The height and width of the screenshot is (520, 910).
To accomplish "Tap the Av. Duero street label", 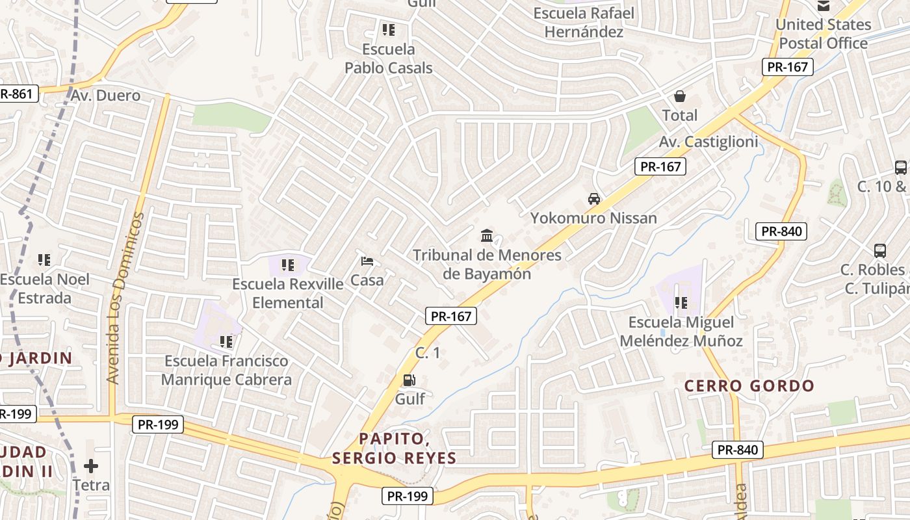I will tap(105, 96).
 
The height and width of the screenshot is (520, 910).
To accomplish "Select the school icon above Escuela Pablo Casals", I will tap(389, 29).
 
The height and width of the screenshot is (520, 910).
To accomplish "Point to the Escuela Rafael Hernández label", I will tap(584, 23).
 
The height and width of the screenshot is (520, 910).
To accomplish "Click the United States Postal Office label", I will tap(823, 34).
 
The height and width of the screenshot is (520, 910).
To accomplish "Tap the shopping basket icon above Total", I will tap(680, 96).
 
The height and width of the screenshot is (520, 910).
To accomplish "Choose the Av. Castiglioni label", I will tap(708, 142).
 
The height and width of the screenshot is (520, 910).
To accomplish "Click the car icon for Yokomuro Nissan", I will tap(593, 198).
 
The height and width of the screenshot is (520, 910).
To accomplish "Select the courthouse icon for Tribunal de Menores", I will tap(487, 235).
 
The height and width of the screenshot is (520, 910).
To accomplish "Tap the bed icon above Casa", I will tap(367, 261).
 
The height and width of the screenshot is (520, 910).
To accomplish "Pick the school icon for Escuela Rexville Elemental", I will tap(288, 265).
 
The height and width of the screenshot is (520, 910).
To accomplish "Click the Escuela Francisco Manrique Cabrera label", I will tap(226, 370).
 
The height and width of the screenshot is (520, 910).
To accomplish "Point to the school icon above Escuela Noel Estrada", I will tap(44, 260).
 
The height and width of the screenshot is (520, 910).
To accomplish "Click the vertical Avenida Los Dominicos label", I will tap(124, 297).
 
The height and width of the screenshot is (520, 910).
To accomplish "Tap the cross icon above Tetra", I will tap(91, 466).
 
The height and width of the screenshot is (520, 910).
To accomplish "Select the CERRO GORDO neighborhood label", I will tap(749, 386).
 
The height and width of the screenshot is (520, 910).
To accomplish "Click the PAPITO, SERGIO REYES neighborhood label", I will tap(394, 448).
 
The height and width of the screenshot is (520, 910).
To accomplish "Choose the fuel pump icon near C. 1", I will tap(409, 380).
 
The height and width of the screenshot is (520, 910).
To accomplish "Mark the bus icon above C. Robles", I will tap(880, 250).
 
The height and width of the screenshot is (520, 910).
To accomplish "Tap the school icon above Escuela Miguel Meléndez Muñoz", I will tap(681, 302).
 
